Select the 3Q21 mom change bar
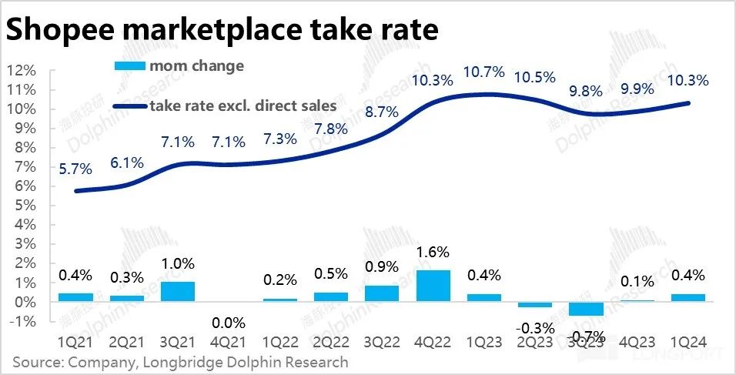click(178, 292)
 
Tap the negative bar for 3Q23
click(587, 309)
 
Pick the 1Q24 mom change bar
click(689, 298)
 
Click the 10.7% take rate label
click(484, 72)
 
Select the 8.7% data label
click(382, 112)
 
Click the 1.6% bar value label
click(434, 252)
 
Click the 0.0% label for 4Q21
click(229, 323)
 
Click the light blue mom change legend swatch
click(129, 66)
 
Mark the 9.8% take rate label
click(587, 91)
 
